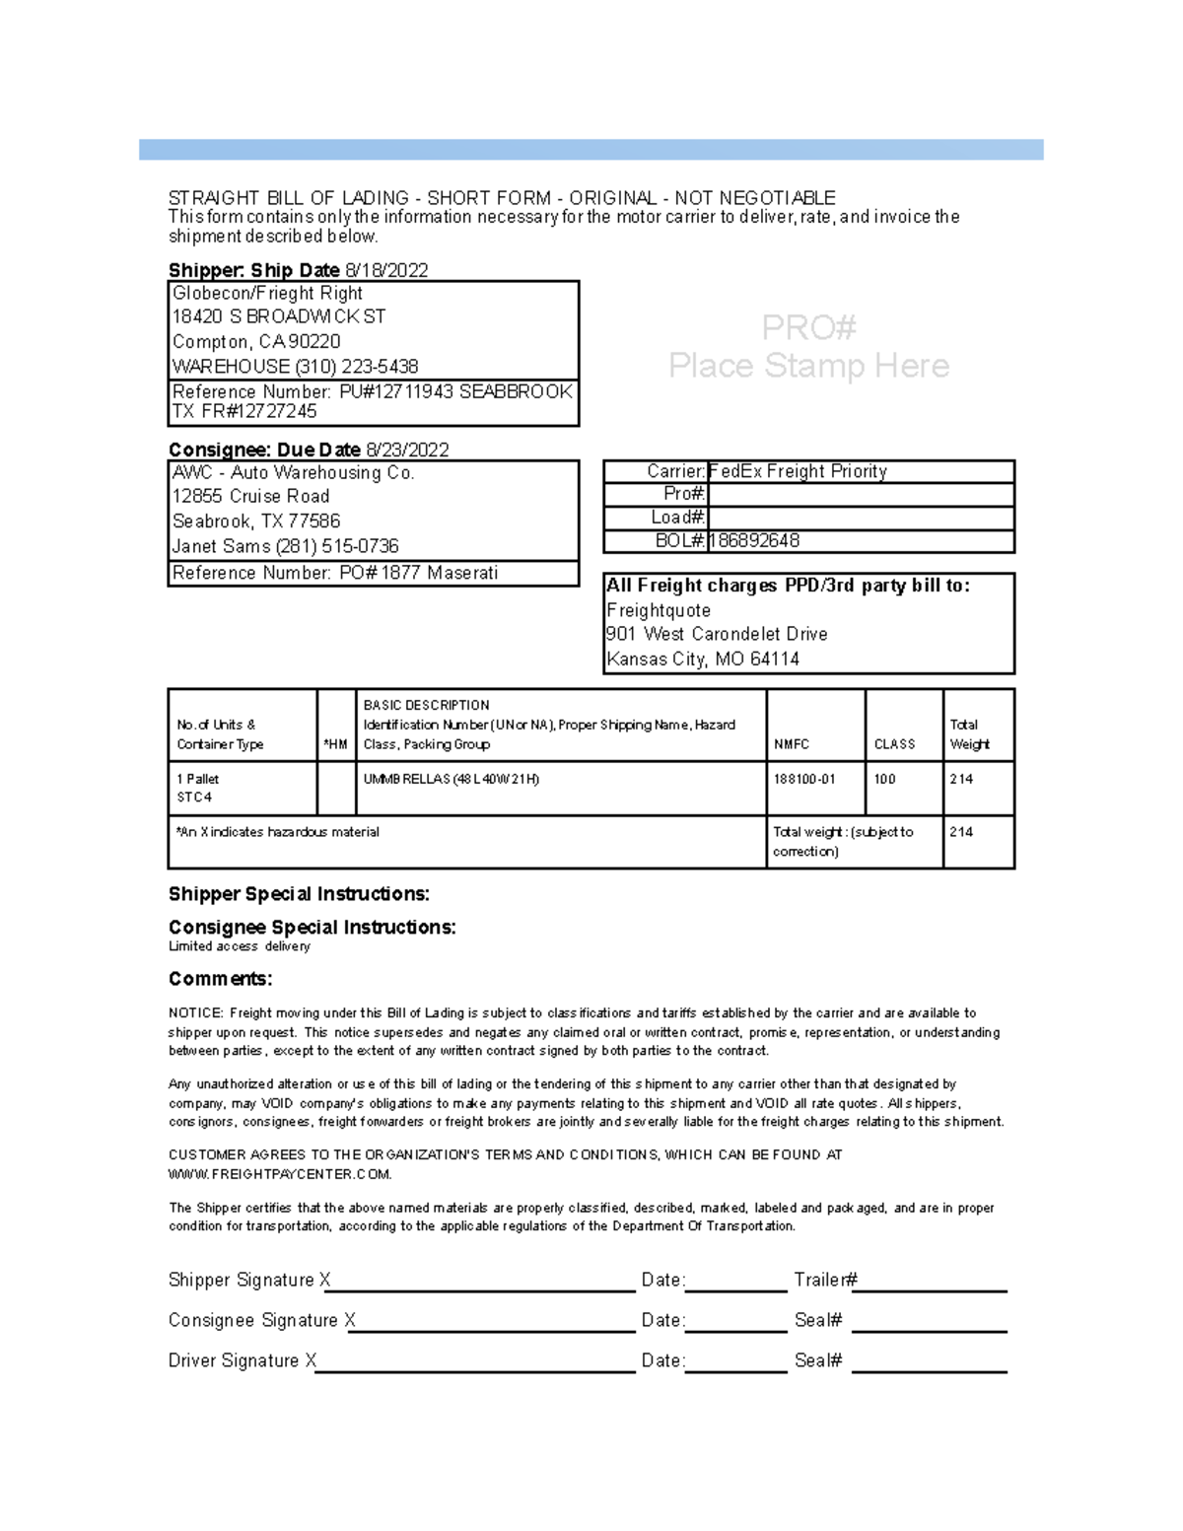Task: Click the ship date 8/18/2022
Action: click(385, 270)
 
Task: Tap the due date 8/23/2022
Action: click(407, 450)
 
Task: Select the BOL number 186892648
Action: click(754, 540)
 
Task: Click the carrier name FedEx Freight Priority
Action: click(798, 471)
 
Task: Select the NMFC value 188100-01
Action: click(804, 779)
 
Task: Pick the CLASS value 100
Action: click(884, 779)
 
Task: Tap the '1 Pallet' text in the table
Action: click(197, 779)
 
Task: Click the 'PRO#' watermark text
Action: click(808, 327)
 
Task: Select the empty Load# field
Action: click(860, 518)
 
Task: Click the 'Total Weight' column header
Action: click(969, 734)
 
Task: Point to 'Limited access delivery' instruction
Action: click(240, 946)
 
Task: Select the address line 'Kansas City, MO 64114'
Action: click(703, 659)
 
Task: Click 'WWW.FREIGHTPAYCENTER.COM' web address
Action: click(280, 1174)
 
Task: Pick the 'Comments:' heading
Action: click(220, 979)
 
